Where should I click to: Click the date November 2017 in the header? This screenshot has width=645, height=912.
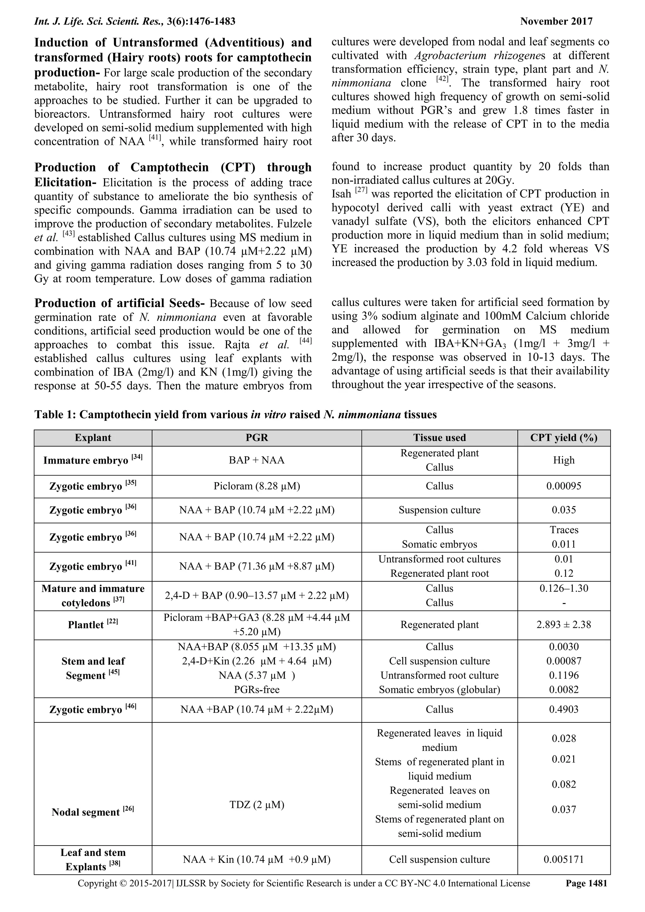pyautogui.click(x=556, y=21)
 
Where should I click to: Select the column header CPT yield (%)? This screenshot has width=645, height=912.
pyautogui.click(x=563, y=438)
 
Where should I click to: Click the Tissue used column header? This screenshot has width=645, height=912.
pyautogui.click(x=439, y=438)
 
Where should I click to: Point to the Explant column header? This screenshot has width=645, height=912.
pyautogui.click(x=93, y=438)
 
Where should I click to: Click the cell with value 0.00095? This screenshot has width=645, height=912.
pyautogui.click(x=563, y=486)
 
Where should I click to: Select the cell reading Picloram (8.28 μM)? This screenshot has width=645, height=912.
pyautogui.click(x=257, y=486)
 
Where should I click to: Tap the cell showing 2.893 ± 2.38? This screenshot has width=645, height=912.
pyautogui.click(x=563, y=625)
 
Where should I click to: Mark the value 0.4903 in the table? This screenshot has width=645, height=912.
pyautogui.click(x=563, y=710)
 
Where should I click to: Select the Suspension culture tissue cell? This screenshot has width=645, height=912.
pyautogui.click(x=439, y=510)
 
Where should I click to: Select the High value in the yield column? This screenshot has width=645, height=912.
pyautogui.click(x=563, y=460)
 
